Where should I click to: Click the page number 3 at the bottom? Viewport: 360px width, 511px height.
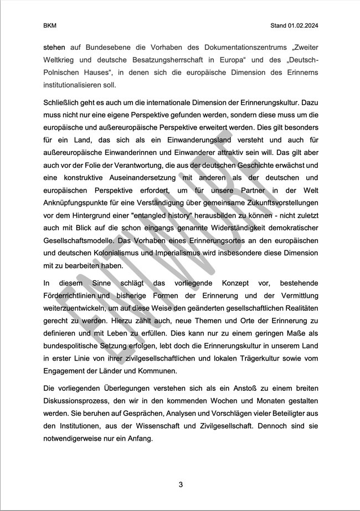(x=181, y=485)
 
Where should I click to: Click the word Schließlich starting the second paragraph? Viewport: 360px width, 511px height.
(x=63, y=104)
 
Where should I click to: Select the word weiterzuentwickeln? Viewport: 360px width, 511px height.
(x=77, y=308)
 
